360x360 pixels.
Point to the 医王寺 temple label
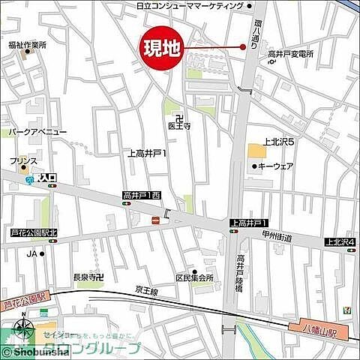pyautogui.click(x=179, y=126)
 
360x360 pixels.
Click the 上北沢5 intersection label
pyautogui.click(x=282, y=141)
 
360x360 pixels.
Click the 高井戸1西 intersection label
pyautogui.click(x=142, y=196)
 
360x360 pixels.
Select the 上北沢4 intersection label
pyautogui.click(x=340, y=242)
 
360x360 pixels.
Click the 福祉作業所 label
pyautogui.click(x=28, y=45)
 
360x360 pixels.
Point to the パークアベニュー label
pyautogui.click(x=38, y=132)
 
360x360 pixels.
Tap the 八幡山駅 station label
pyautogui.click(x=322, y=328)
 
